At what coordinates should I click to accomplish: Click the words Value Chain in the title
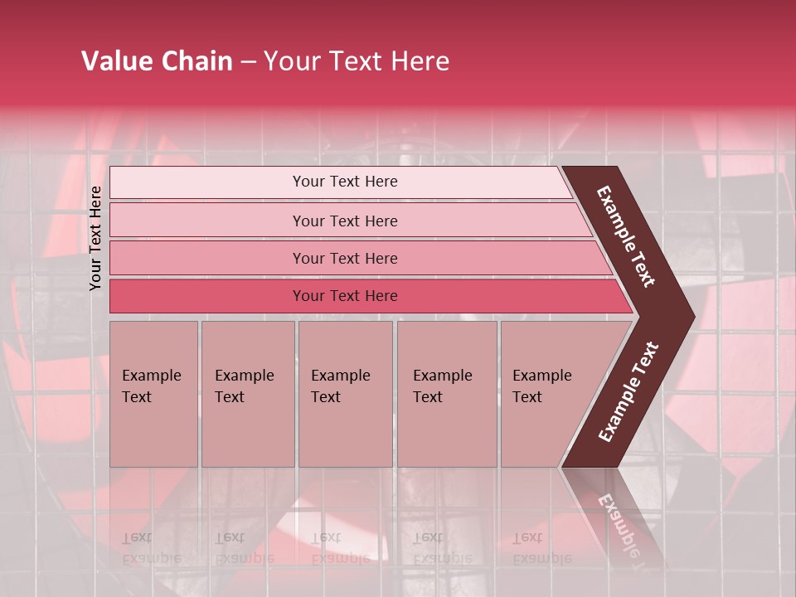click(157, 61)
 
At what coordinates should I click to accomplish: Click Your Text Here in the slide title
click(357, 61)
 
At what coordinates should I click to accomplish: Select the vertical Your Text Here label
click(95, 238)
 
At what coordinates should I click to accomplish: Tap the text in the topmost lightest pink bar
click(345, 182)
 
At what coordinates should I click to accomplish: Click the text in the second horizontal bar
click(345, 221)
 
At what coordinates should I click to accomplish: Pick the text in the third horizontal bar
click(345, 259)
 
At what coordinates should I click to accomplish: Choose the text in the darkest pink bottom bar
click(345, 296)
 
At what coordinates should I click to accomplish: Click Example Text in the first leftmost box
click(151, 386)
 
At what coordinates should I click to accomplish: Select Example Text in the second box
click(244, 386)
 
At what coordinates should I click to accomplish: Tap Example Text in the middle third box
click(340, 386)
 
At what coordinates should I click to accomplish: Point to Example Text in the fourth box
click(442, 386)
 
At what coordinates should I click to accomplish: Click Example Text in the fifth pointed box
click(541, 386)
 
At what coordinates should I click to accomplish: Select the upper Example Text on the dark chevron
click(626, 236)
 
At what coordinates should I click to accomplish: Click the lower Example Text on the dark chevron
click(629, 391)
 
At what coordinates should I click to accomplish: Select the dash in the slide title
click(248, 62)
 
